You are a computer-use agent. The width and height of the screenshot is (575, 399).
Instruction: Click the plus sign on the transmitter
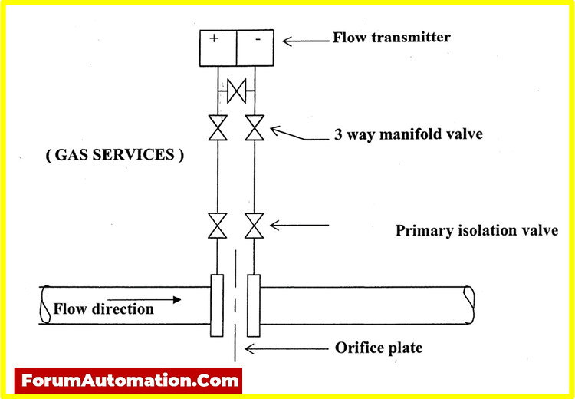point(214,38)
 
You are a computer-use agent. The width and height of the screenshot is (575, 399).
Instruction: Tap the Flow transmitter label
point(392,37)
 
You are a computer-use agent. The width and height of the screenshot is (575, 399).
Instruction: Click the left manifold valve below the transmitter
point(218,127)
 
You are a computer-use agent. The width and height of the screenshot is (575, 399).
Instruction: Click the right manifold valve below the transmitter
point(254,127)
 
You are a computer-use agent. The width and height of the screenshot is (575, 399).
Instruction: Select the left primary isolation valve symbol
point(218,226)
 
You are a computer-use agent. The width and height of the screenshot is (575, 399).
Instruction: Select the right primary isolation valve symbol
point(254,226)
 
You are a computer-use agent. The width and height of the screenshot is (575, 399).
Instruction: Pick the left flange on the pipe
point(216,305)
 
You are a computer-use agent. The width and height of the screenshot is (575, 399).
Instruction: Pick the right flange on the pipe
point(254,305)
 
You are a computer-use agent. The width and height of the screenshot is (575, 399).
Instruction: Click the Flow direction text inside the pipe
point(103,309)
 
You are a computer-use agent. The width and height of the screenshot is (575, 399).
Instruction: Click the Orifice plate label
point(379,348)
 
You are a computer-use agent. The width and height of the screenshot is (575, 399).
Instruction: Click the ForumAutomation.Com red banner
point(128,380)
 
